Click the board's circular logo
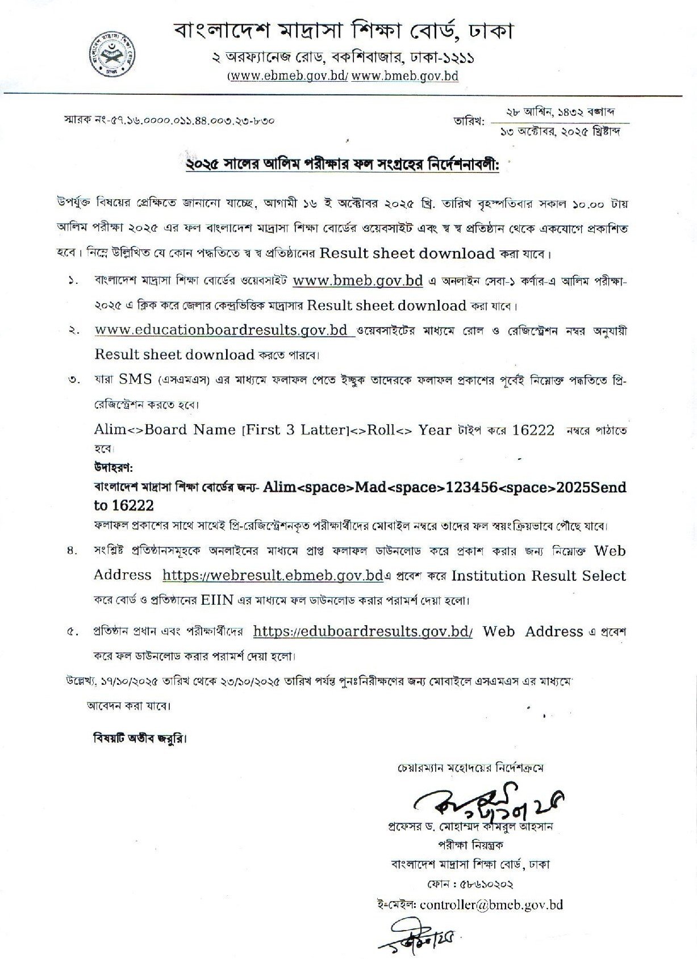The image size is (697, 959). [x=116, y=53]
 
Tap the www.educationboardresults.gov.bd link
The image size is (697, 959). [x=222, y=330]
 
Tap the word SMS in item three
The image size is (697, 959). [x=135, y=379]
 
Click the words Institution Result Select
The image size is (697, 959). [x=538, y=575]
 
